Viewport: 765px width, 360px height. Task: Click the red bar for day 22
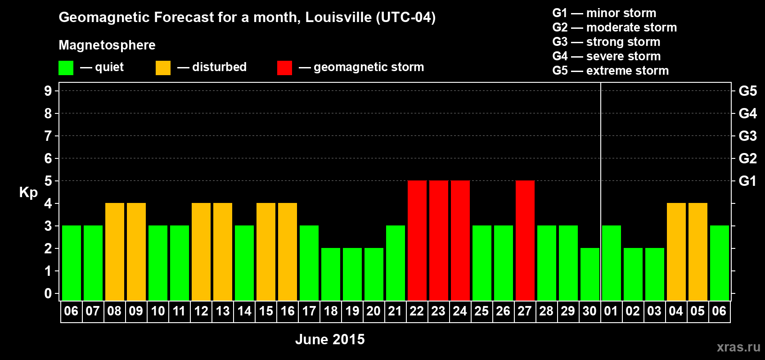[417, 240]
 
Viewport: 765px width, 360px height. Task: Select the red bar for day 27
[525, 240]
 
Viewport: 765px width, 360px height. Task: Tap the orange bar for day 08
[114, 252]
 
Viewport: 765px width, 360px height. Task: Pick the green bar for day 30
[589, 274]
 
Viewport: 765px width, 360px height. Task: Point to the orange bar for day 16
[287, 252]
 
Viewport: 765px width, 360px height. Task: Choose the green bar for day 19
[352, 274]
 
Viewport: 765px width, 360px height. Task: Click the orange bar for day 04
[676, 252]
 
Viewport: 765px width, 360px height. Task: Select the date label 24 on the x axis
[460, 311]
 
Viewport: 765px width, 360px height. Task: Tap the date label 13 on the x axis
[223, 311]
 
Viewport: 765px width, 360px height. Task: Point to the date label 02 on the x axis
[633, 311]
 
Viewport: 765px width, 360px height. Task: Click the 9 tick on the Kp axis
[48, 91]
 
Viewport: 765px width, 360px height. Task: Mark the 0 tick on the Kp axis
[48, 293]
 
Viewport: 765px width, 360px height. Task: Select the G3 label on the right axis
[747, 136]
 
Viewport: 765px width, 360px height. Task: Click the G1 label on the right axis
[747, 181]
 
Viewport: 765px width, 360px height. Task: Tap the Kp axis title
[28, 192]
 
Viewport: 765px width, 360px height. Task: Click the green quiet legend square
[66, 68]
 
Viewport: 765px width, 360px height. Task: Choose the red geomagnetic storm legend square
[284, 68]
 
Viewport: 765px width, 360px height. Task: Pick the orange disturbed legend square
[163, 68]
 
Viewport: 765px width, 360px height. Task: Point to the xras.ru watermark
[738, 347]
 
